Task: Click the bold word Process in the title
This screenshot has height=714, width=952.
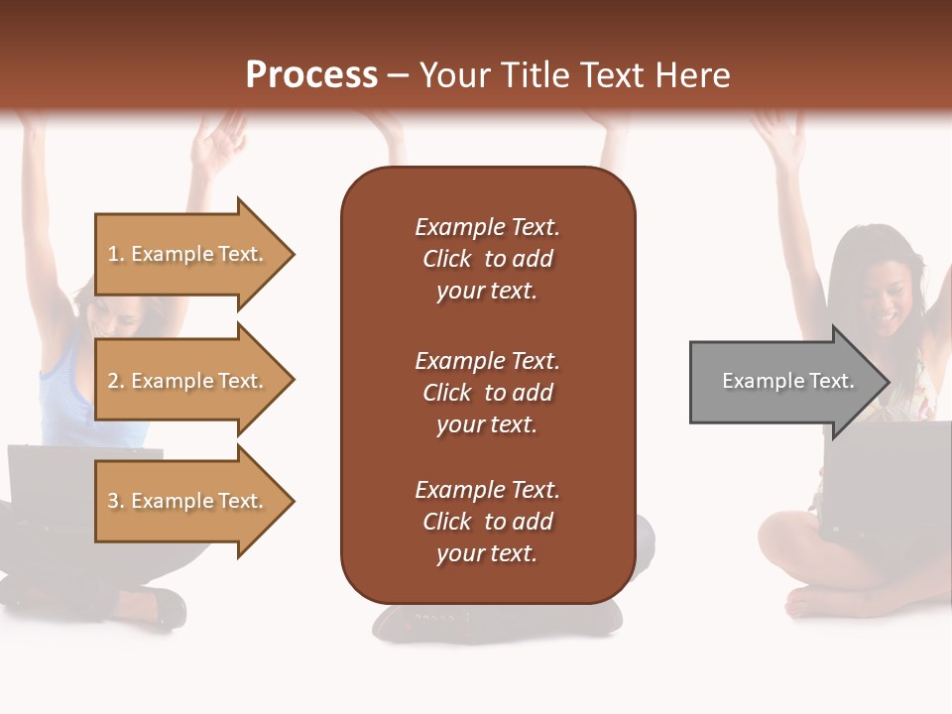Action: click(311, 75)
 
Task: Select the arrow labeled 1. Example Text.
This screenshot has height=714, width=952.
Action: click(188, 254)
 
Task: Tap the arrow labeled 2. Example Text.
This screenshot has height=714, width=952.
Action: click(188, 381)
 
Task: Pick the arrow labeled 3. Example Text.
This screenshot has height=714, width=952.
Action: click(188, 501)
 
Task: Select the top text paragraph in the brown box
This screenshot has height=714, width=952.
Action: click(487, 259)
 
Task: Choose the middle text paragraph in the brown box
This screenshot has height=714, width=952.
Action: click(487, 393)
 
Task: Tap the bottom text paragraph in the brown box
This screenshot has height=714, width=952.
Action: click(487, 522)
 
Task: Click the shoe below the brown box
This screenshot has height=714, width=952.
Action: click(496, 620)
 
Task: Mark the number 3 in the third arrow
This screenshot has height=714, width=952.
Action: click(113, 501)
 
